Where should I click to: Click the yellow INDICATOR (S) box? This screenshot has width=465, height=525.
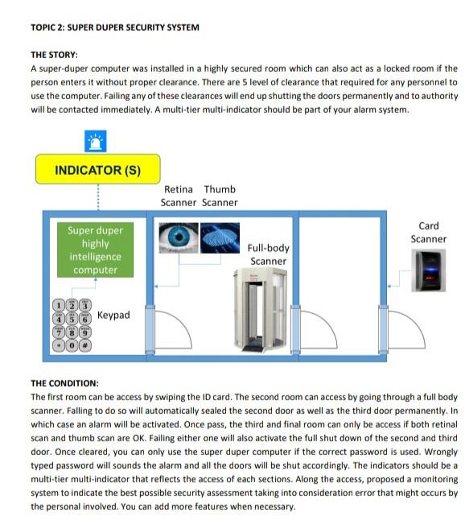point(97,170)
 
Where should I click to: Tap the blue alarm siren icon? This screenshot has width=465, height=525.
point(97,141)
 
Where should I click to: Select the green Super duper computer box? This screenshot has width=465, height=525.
point(96,250)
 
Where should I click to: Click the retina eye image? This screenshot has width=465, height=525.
point(176,238)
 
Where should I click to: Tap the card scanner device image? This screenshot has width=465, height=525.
point(428,275)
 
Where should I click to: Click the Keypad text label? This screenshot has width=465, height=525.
point(113,316)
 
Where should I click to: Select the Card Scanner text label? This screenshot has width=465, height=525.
point(428,233)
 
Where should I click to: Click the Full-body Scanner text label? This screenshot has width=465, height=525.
point(268,254)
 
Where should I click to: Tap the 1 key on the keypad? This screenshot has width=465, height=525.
point(60,305)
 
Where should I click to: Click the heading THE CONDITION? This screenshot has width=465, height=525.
point(64,383)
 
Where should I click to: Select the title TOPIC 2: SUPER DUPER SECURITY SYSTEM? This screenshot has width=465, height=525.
point(114,27)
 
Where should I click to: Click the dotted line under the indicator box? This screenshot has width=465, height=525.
point(97,197)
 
